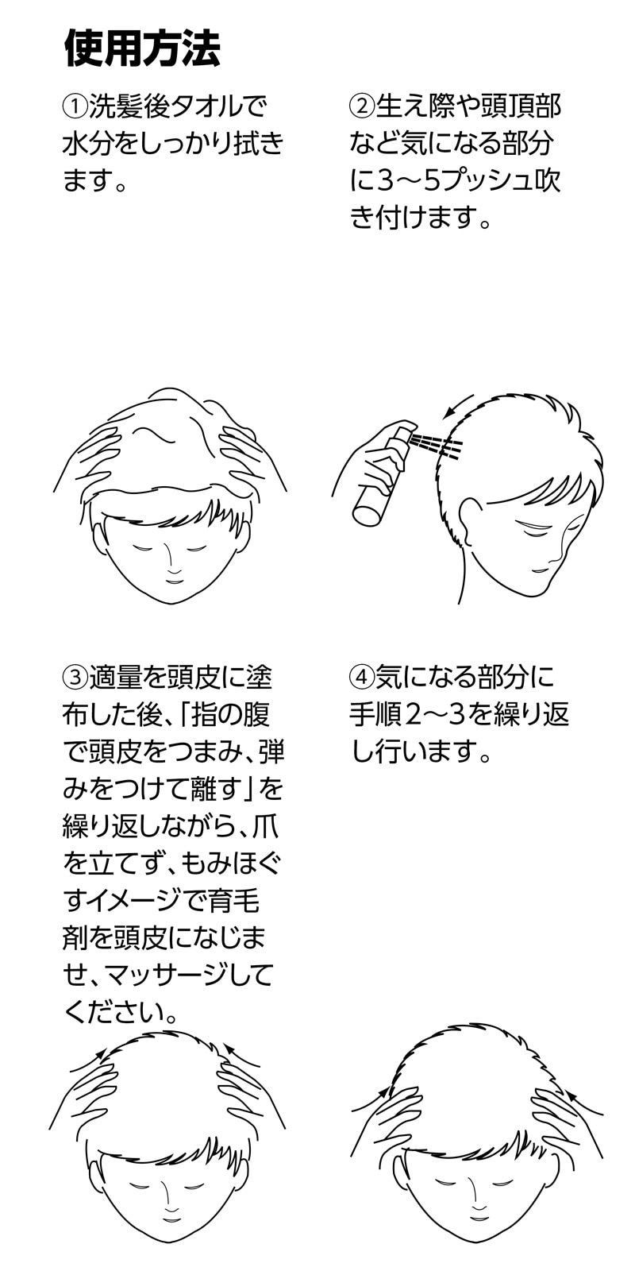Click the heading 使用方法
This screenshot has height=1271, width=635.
[142, 48]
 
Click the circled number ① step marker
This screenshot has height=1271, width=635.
[75, 106]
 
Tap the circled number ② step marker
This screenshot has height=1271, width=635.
[362, 106]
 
